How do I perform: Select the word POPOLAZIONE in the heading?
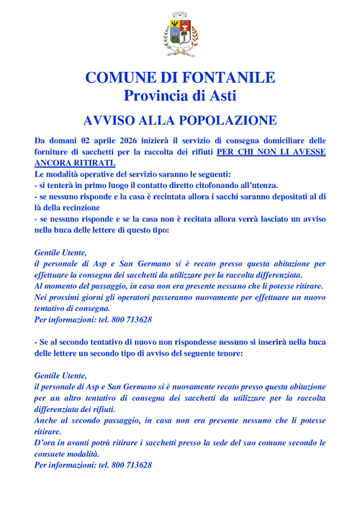(219, 120)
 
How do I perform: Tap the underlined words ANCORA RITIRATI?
(75, 163)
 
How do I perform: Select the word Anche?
(48, 420)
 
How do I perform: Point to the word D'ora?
(48, 443)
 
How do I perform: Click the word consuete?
(55, 454)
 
